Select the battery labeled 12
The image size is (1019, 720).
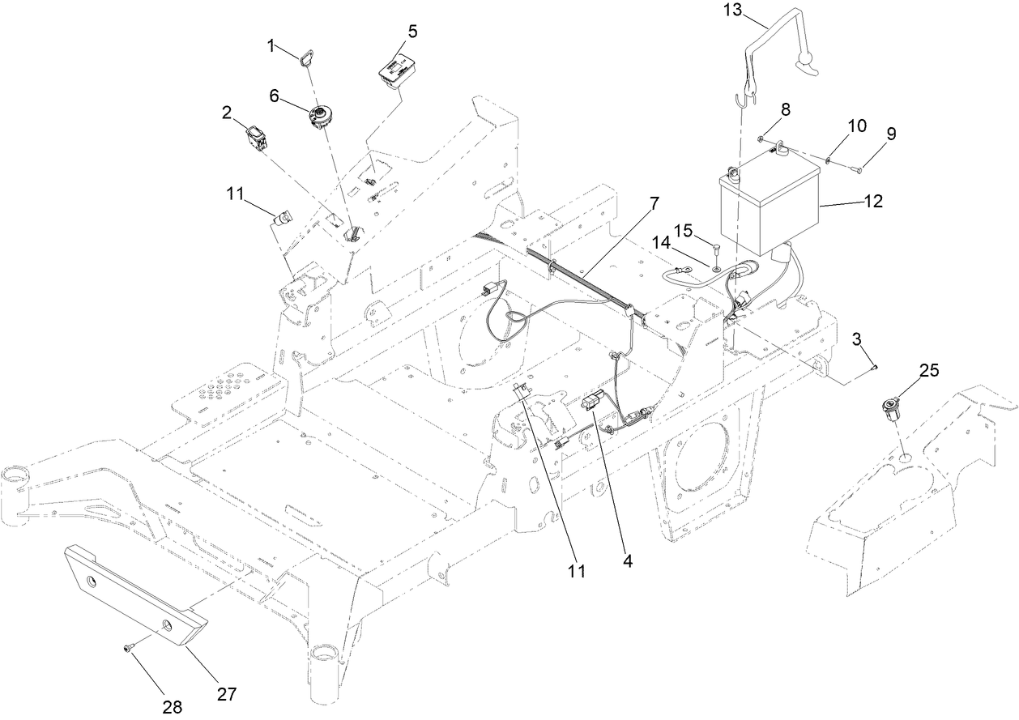[x=769, y=207]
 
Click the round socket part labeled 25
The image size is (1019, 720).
[x=893, y=404]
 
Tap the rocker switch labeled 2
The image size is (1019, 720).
[x=256, y=137]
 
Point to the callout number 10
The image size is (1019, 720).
[x=857, y=126]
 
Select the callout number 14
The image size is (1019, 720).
[x=662, y=242]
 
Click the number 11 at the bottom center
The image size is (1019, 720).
[x=576, y=570]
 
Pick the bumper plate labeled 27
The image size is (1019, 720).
[x=134, y=591]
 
